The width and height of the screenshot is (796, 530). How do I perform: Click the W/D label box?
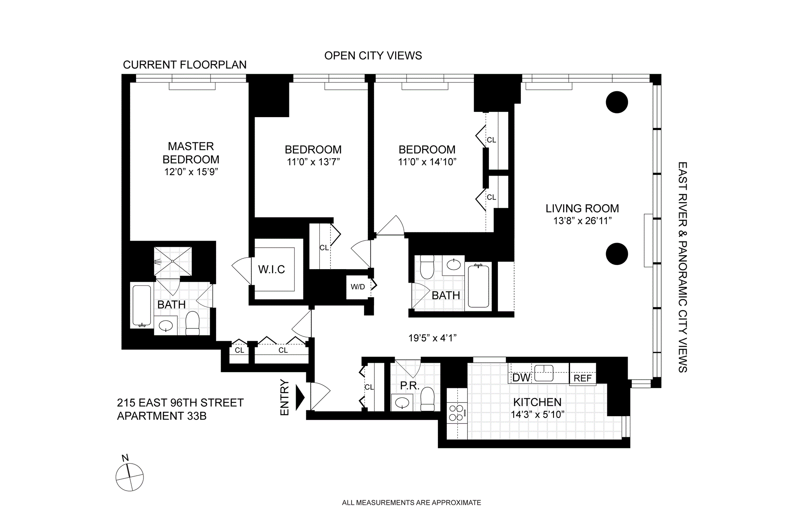click(x=358, y=287)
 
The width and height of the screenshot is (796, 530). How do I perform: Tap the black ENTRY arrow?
click(x=300, y=397)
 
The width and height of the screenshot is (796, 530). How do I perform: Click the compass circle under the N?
click(x=130, y=477)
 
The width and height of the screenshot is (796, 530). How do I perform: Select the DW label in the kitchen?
click(x=521, y=378)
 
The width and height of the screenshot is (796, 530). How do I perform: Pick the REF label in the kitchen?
click(x=582, y=378)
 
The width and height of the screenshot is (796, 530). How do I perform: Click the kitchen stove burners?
click(x=457, y=413)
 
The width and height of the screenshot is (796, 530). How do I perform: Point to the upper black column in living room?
click(x=617, y=102)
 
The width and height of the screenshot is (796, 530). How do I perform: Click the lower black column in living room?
click(x=617, y=254)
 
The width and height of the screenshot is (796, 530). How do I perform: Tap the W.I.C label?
click(x=272, y=270)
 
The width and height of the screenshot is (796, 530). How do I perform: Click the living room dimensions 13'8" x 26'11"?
click(x=582, y=221)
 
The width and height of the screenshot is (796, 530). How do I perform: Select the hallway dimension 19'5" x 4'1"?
click(x=432, y=338)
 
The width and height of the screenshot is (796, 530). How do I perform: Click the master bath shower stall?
click(x=173, y=261)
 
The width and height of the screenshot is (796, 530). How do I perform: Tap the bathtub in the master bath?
click(x=142, y=306)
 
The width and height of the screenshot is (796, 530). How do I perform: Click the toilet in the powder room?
click(x=427, y=399)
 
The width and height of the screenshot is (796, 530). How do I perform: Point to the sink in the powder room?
click(x=402, y=402)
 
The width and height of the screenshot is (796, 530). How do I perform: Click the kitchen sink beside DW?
click(x=544, y=373)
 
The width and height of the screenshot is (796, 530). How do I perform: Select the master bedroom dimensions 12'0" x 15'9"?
click(x=191, y=172)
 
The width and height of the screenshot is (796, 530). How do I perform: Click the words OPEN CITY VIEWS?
click(x=373, y=55)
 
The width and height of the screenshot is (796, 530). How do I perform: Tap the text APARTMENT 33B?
click(x=162, y=416)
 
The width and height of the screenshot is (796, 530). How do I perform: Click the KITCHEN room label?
click(x=537, y=402)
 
